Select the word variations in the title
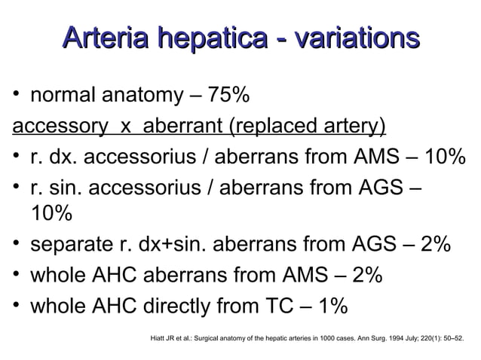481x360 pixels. point(354,39)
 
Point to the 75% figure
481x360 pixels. point(226,96)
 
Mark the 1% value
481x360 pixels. point(331,306)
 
